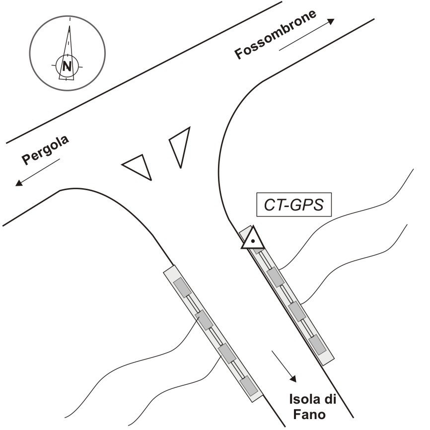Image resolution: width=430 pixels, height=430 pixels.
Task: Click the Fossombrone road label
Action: click(x=276, y=34)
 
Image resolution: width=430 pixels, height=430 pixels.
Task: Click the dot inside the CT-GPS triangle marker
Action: click(x=253, y=241)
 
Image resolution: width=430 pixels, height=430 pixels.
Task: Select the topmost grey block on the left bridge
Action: click(x=182, y=287)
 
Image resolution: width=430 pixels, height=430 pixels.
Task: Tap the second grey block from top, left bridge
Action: click(x=204, y=320)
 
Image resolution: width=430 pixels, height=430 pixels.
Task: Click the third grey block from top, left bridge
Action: click(x=226, y=353)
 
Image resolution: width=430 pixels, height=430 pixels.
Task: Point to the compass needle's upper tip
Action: click(x=70, y=18)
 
